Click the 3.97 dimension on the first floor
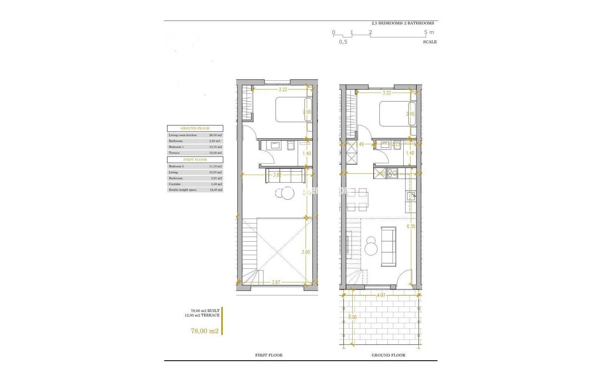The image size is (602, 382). click(276, 282)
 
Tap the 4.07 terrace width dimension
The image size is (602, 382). click(381, 295)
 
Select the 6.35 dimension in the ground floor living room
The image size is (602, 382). click(411, 226)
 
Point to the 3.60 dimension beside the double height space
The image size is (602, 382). click(306, 252)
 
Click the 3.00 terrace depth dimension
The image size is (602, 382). click(352, 317)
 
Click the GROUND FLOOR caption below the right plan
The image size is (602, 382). click(388, 355)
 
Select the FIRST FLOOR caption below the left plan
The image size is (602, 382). click(269, 355)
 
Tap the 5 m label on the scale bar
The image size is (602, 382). click(429, 32)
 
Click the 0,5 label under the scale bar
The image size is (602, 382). click(343, 42)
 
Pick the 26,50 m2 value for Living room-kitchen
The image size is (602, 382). click(215, 135)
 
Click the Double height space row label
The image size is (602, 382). click(182, 190)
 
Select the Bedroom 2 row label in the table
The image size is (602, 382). click(176, 166)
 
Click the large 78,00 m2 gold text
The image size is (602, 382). click(204, 331)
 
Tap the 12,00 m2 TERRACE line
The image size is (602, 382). click(202, 315)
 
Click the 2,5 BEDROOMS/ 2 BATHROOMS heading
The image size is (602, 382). click(403, 23)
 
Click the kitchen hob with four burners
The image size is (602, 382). click(392, 173)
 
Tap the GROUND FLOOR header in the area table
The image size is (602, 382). click(195, 128)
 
